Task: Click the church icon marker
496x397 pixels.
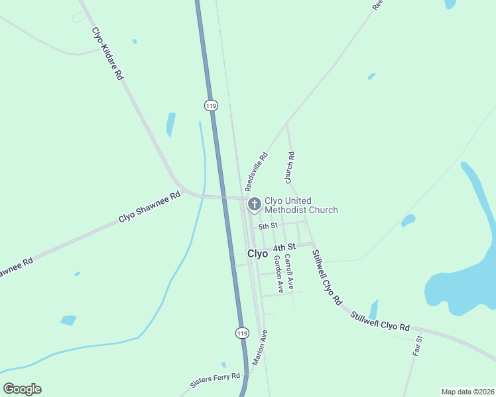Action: click(x=254, y=204)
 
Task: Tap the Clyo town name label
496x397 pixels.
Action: click(x=257, y=253)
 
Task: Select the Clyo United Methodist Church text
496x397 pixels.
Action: click(x=301, y=205)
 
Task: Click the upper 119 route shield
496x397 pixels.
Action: click(x=211, y=105)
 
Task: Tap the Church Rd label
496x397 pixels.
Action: click(x=290, y=169)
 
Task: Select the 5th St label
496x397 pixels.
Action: click(x=267, y=226)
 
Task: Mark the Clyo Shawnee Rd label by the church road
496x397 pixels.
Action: click(x=149, y=206)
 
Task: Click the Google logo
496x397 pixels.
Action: click(x=22, y=389)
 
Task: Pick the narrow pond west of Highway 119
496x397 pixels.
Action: click(x=171, y=124)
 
